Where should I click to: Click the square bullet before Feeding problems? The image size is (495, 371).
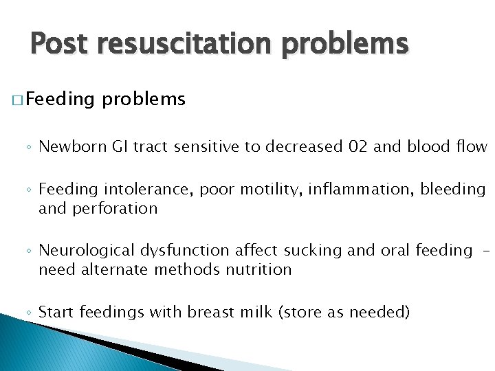click(x=18, y=101)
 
